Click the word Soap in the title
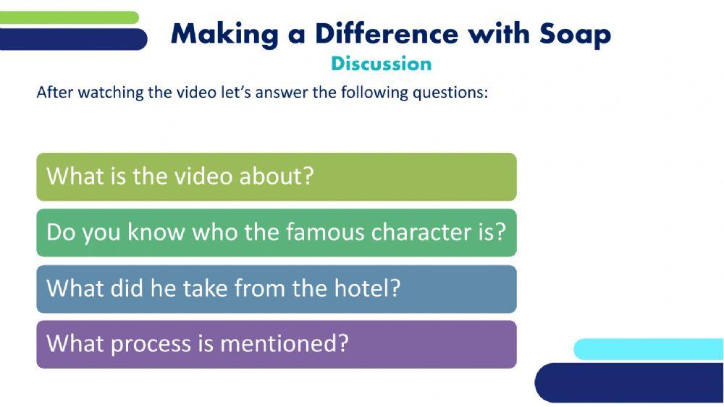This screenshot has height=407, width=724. [x=575, y=34]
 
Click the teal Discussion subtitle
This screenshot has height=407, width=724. [x=381, y=64]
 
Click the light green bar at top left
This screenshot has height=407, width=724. [x=69, y=17]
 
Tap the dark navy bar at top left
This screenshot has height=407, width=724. [x=72, y=39]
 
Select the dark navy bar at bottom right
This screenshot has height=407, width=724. [x=630, y=382]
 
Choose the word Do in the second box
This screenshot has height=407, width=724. [x=59, y=232]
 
